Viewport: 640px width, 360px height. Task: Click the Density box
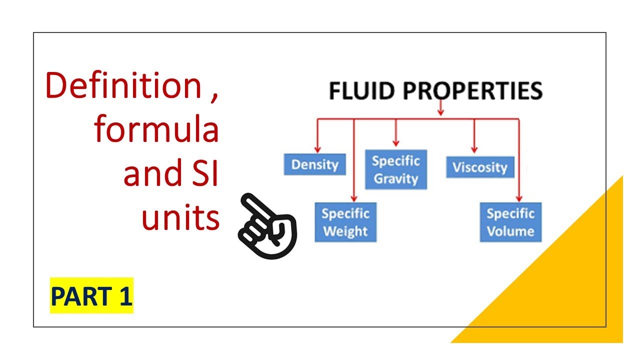coord(314,164)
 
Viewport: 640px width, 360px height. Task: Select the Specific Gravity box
coord(395,169)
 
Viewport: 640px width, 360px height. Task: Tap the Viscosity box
coord(479,167)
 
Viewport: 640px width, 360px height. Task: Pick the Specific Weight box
coord(345,222)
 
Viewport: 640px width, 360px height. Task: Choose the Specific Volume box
coord(510,222)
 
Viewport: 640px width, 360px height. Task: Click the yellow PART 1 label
coord(91,295)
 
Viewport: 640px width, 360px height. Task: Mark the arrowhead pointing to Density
coord(316,149)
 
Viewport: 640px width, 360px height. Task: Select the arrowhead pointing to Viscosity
coord(474,148)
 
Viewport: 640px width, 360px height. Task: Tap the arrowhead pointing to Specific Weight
coord(354,197)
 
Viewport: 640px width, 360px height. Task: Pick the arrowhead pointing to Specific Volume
coord(519,197)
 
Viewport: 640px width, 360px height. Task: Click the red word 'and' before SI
coord(149,174)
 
